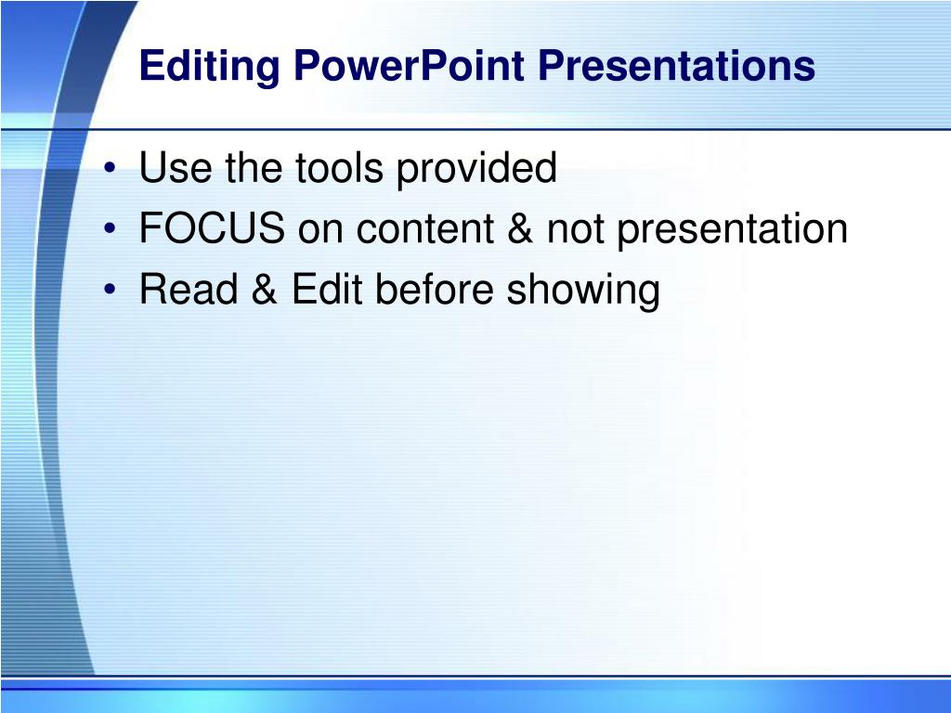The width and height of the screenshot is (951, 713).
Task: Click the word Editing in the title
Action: tap(210, 66)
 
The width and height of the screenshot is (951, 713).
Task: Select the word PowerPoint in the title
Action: tap(409, 65)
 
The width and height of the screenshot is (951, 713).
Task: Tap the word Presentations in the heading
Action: tap(676, 65)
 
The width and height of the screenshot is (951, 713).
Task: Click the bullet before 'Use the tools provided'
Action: tap(110, 168)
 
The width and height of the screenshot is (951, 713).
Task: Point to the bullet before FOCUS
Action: tap(110, 228)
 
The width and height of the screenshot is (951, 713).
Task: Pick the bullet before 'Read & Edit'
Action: tap(110, 290)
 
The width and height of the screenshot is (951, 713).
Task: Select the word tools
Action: tap(339, 167)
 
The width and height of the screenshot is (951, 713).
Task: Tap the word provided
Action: tap(476, 168)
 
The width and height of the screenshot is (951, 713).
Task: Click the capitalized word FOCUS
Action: tap(212, 228)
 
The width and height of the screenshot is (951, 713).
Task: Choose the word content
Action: tap(425, 228)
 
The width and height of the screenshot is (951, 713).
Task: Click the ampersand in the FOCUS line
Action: tap(520, 228)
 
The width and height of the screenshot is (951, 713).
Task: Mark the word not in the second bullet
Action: tap(576, 228)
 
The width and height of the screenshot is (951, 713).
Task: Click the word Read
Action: tap(189, 289)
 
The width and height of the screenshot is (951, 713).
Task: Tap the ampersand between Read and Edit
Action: tap(265, 289)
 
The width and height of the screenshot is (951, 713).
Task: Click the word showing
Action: tap(583, 291)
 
